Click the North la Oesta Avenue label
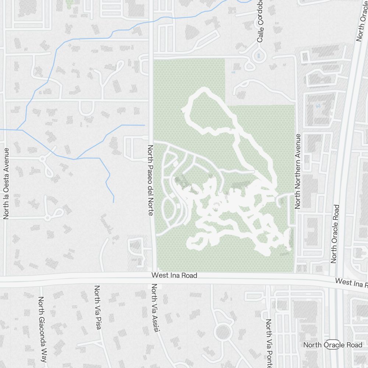click(6, 184)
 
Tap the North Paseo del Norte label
click(150, 180)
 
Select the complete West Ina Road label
click(174, 275)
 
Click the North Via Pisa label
click(98, 307)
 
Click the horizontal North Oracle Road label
click(333, 345)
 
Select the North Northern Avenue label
click(298, 171)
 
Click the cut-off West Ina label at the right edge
click(351, 283)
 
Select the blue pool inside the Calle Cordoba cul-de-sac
click(259, 56)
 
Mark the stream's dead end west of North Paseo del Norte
click(113, 202)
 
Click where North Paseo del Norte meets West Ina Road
click(152, 276)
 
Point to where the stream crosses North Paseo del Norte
click(151, 21)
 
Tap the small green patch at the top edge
click(69, 3)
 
